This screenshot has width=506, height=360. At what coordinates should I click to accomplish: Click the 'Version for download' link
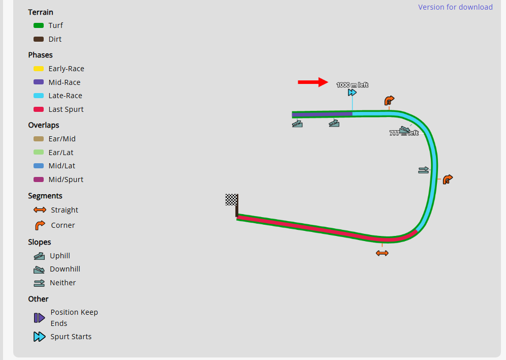point(455,7)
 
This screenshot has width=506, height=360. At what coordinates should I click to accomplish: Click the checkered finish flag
point(232,200)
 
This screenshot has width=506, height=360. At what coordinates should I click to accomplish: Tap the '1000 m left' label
point(352,85)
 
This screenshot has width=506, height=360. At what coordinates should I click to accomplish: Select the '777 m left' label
point(404,133)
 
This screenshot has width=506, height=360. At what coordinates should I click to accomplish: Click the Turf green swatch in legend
point(39,25)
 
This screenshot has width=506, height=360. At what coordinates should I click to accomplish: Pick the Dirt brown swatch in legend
point(39,39)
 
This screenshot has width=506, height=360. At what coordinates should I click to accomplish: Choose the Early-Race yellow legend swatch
point(39,69)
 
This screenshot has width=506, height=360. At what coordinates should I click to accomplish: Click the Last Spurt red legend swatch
point(39,109)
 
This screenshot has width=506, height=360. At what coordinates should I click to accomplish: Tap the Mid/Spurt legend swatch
point(39,179)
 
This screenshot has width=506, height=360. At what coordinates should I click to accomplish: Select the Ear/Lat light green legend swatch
point(39,153)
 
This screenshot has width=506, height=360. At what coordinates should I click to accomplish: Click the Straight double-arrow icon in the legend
point(40,210)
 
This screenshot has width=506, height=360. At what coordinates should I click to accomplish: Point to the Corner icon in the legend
point(40,225)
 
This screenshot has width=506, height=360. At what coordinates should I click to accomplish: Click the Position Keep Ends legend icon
point(39,318)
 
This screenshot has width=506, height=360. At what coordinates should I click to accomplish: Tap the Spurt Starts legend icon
point(39,337)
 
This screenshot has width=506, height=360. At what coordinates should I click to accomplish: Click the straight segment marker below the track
point(382,253)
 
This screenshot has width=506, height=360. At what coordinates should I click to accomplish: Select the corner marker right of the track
point(448,179)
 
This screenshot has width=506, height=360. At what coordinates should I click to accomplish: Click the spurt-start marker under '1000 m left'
point(352,93)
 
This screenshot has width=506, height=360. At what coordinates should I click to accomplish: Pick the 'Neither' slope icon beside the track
point(423,170)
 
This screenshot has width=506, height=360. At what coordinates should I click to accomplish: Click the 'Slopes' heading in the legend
point(40,242)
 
